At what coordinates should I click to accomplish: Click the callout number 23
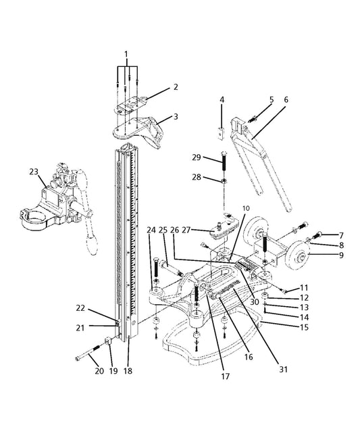pyautogui.click(x=34, y=172)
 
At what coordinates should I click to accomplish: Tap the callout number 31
pyautogui.click(x=284, y=369)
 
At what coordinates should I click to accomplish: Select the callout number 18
pyautogui.click(x=128, y=371)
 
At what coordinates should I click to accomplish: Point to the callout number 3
pyautogui.click(x=176, y=116)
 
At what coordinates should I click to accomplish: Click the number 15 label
pyautogui.click(x=304, y=327)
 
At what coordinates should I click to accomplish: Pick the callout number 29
pyautogui.click(x=197, y=157)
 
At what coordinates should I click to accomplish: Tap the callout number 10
pyautogui.click(x=246, y=208)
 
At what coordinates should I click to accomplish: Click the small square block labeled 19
pyautogui.click(x=109, y=341)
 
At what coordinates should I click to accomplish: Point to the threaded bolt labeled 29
pyautogui.click(x=225, y=162)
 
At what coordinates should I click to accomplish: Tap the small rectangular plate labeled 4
pyautogui.click(x=222, y=133)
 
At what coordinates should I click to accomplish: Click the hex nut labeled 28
pyautogui.click(x=224, y=180)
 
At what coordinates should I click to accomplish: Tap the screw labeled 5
pyautogui.click(x=253, y=119)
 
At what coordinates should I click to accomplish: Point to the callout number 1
pyautogui.click(x=126, y=54)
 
